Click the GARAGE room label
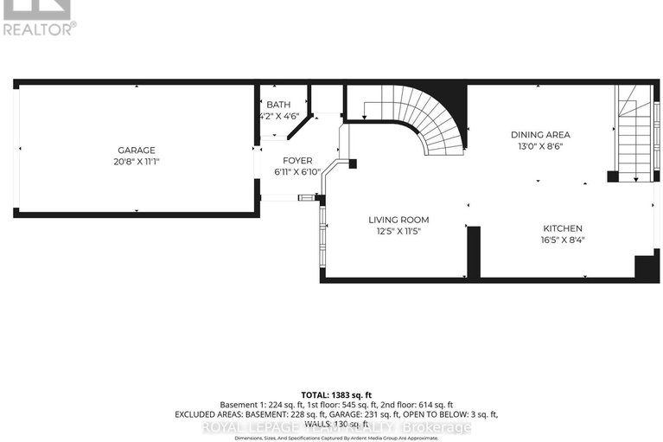pyautogui.click(x=137, y=149)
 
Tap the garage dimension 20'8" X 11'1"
pyautogui.click(x=137, y=161)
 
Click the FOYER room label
pyautogui.click(x=296, y=160)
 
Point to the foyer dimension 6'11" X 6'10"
pyautogui.click(x=297, y=171)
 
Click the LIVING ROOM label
pyautogui.click(x=398, y=220)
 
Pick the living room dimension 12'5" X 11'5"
pyautogui.click(x=398, y=232)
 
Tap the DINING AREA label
pyautogui.click(x=540, y=134)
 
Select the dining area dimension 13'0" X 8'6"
pyautogui.click(x=540, y=146)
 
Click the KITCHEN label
pyautogui.click(x=562, y=228)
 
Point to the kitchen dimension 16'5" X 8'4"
pyautogui.click(x=562, y=240)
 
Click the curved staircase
pyautogui.click(x=424, y=117)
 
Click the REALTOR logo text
pyautogui.click(x=39, y=28)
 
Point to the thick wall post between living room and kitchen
pyautogui.click(x=473, y=251)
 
